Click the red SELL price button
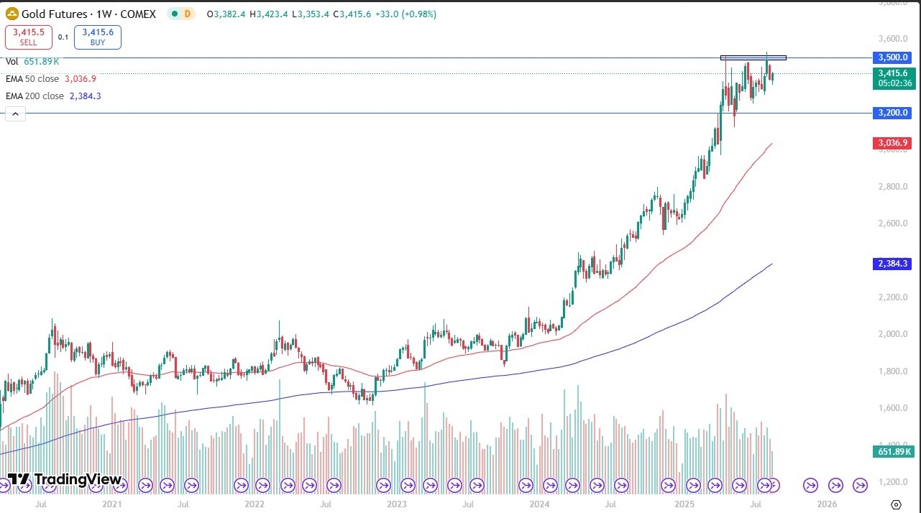[28, 37]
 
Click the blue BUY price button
[97, 37]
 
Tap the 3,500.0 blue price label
[892, 57]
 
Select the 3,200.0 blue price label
[892, 113]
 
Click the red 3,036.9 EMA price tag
[892, 143]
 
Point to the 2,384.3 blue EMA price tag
[892, 264]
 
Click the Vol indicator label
[12, 62]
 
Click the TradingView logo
[65, 479]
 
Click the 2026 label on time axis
[827, 504]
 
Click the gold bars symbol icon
[12, 14]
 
